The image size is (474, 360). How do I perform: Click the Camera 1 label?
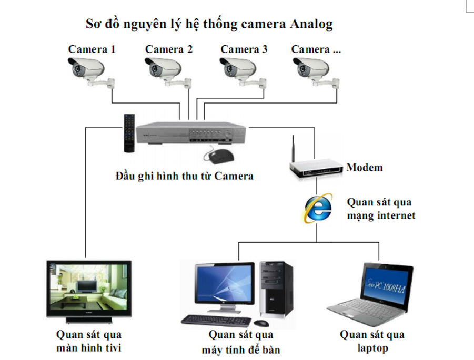[x=92, y=49]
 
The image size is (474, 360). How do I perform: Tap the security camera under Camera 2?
[x=164, y=69]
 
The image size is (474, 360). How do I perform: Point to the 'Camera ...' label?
[x=316, y=49]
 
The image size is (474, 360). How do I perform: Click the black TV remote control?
[x=129, y=133]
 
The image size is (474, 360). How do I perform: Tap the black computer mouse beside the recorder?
[x=218, y=156]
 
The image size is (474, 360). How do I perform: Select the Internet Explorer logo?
[x=317, y=208]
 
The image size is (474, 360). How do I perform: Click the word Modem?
[x=365, y=168]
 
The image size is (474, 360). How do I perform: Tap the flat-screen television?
[x=87, y=289]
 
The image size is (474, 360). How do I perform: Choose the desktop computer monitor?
[x=223, y=287]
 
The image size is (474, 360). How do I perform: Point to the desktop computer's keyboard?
[x=216, y=320]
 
